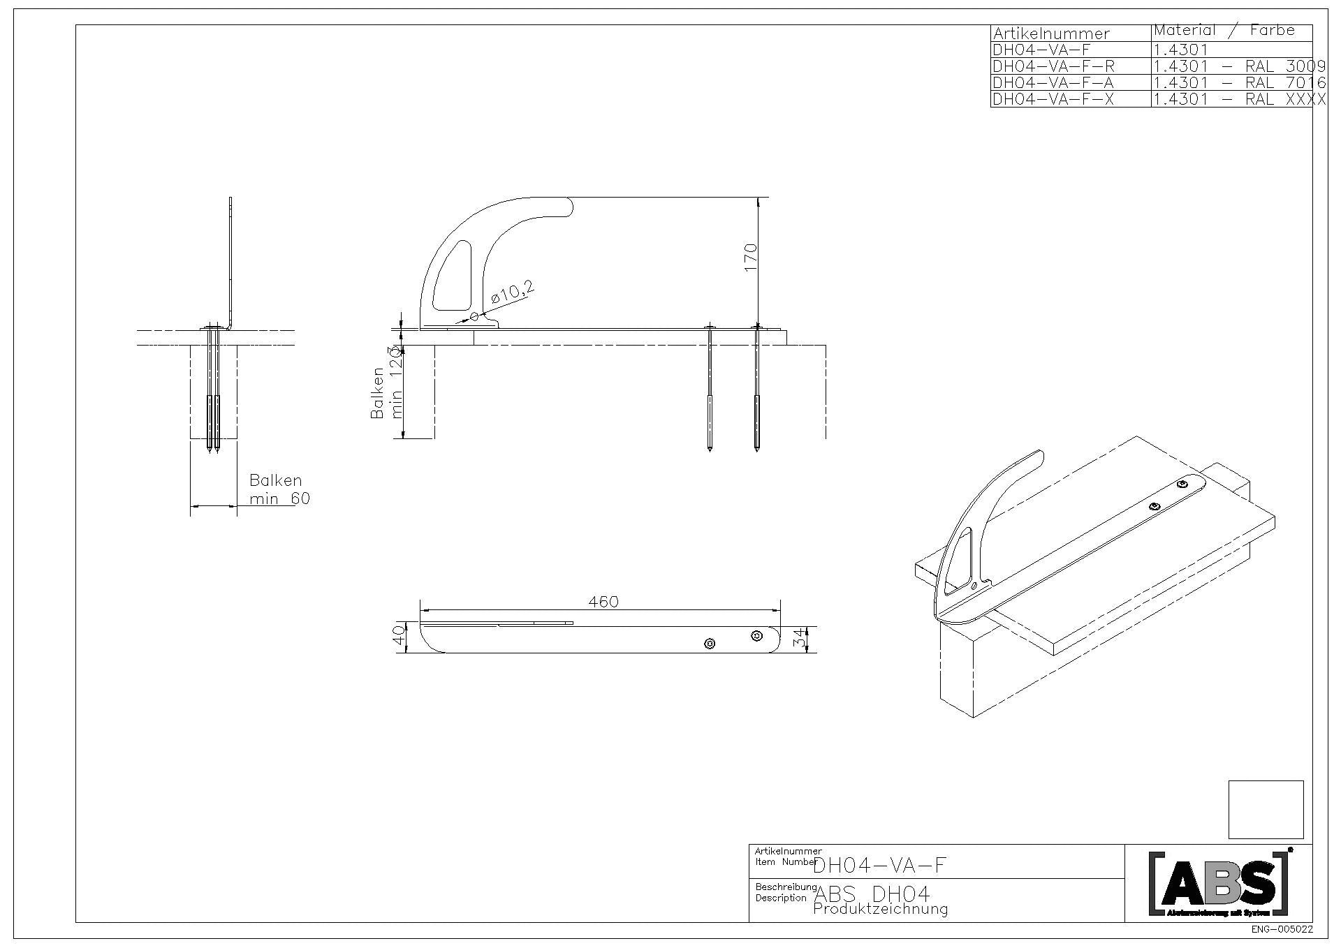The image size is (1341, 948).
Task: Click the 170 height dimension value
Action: (751, 258)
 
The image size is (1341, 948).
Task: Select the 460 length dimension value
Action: (603, 602)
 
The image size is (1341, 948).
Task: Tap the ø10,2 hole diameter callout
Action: (513, 293)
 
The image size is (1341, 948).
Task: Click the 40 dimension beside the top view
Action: (399, 635)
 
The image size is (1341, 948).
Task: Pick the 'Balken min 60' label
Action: (279, 489)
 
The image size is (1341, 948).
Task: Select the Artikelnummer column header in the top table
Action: (1050, 34)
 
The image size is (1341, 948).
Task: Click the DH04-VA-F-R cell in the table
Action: (1053, 66)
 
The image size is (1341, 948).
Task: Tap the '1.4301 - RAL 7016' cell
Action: (1238, 83)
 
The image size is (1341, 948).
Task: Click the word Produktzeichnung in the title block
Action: (880, 909)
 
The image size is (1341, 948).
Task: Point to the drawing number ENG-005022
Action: (1282, 930)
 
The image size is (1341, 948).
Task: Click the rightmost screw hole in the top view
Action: (756, 635)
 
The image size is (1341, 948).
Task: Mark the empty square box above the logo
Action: (1266, 809)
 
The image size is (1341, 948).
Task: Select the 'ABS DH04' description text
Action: (872, 894)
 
